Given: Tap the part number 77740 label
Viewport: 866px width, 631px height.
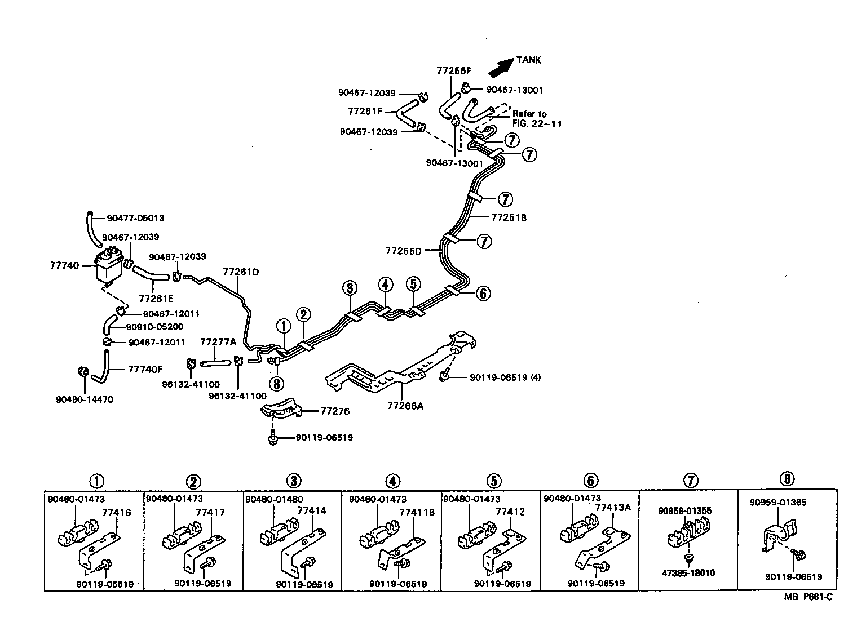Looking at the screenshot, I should (64, 265).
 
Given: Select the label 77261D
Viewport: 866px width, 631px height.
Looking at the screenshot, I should (241, 272).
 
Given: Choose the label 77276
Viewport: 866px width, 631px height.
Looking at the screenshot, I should (335, 411).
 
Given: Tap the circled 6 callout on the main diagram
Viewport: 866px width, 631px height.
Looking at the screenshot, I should (483, 293).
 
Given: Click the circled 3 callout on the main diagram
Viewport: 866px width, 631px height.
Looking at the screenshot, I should (350, 288).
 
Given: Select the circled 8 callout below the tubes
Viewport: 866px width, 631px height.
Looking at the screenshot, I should (277, 384).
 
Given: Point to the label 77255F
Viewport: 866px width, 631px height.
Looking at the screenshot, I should (453, 71).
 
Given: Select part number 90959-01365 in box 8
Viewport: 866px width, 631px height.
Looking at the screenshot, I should (777, 502).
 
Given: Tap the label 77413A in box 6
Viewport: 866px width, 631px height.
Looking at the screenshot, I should (613, 507).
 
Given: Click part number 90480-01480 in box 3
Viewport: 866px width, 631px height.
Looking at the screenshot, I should (274, 499).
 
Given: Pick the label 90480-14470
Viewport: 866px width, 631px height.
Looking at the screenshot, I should (85, 399).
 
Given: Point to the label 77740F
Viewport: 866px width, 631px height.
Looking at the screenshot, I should (145, 370).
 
